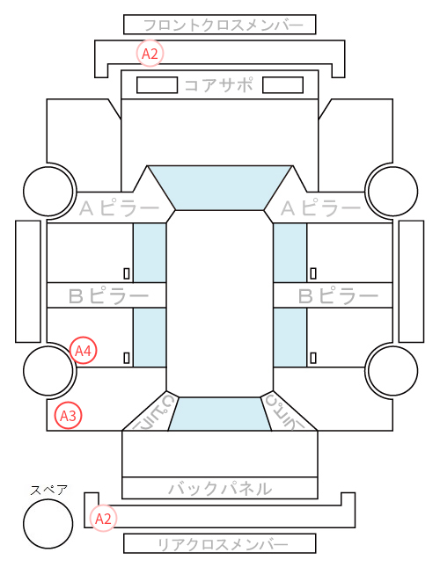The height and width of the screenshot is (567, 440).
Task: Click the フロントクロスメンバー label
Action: [224, 25]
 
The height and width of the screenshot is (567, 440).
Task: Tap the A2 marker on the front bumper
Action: [150, 54]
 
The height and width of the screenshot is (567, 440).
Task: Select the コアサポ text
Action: [219, 85]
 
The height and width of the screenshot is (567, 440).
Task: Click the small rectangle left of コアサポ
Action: [157, 85]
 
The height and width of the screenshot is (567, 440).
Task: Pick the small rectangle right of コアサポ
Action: [282, 85]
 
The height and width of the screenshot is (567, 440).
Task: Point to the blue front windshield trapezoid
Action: [220, 188]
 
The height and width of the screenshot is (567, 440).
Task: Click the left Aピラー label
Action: [119, 208]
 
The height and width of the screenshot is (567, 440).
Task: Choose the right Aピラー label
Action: [320, 208]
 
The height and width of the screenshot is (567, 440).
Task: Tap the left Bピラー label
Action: [108, 296]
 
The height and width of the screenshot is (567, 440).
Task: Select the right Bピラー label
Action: [338, 296]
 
